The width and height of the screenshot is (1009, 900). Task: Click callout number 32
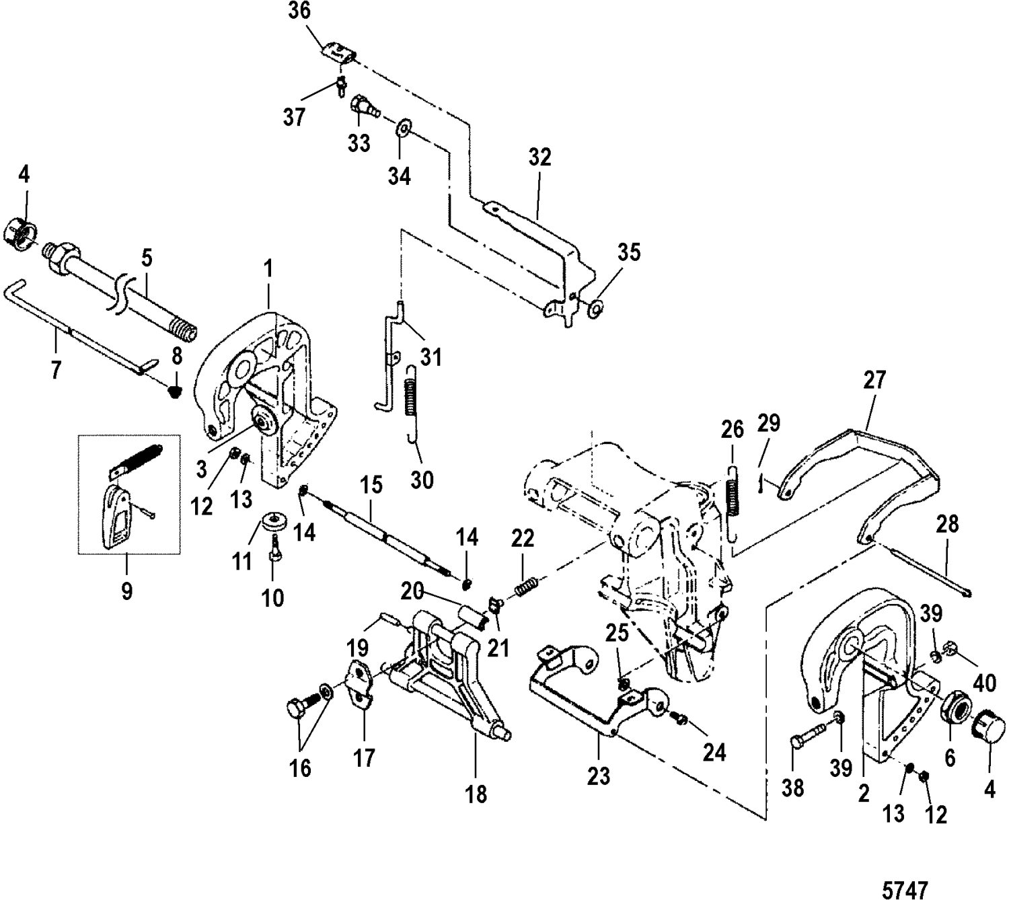pos(539,157)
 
